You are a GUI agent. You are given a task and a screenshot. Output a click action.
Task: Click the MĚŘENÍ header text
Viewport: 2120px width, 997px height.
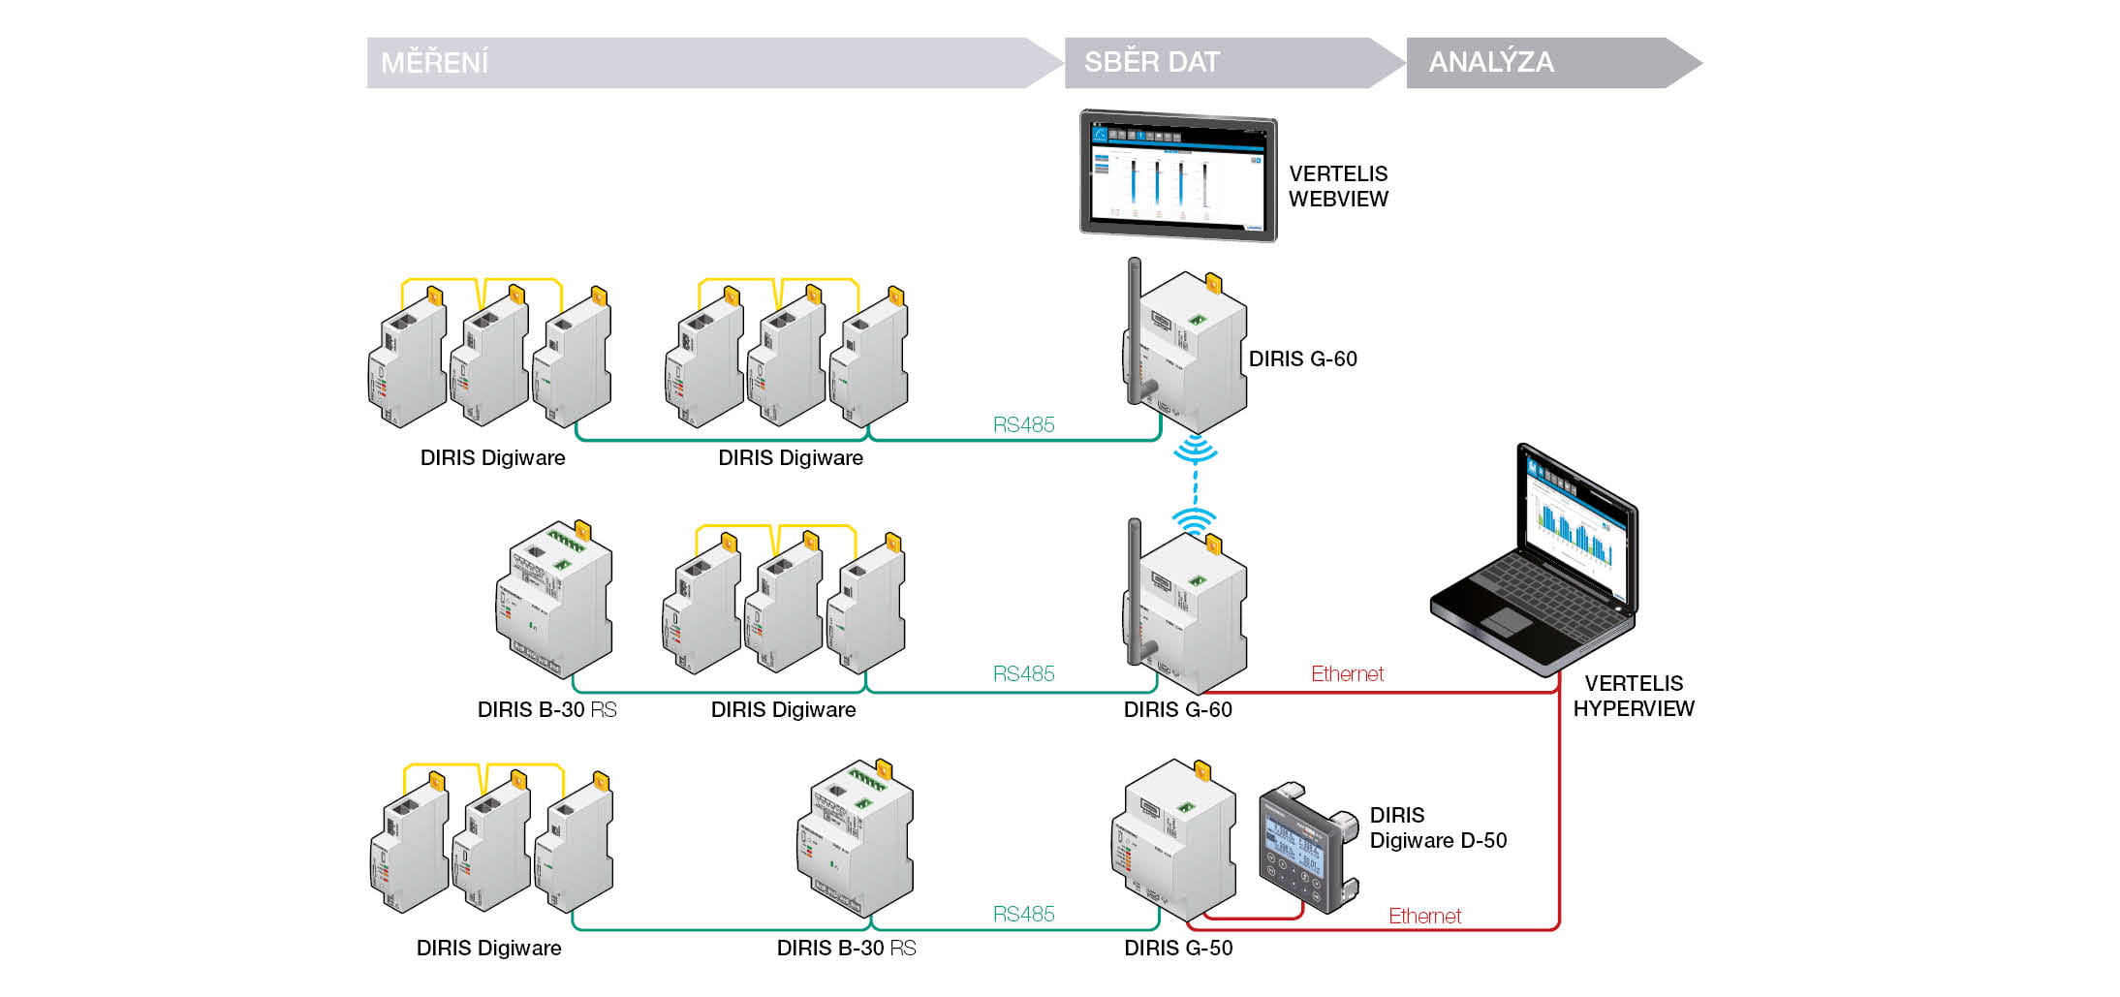click(435, 63)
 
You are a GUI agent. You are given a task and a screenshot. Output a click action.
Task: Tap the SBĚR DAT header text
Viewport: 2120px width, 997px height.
click(1151, 62)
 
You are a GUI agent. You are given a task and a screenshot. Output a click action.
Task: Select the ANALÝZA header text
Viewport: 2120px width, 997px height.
click(1491, 62)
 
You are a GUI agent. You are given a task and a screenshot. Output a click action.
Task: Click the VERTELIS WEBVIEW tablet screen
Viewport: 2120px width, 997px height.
click(1178, 176)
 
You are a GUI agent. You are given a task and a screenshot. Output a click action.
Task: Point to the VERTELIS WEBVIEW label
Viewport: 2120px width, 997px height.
click(1338, 186)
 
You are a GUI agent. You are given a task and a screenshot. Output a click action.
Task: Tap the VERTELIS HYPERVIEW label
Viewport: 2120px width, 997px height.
click(1634, 696)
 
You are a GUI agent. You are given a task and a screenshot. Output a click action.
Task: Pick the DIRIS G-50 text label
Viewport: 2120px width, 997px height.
click(1178, 948)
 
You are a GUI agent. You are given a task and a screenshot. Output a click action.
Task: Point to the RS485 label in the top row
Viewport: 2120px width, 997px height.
click(1023, 424)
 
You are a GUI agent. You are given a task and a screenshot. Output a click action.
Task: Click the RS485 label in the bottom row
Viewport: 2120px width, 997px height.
click(1023, 914)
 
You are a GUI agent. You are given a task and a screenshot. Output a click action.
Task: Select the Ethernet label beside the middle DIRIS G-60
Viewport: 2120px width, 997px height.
click(1347, 673)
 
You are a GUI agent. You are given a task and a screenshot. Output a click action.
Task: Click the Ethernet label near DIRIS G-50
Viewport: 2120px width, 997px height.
click(1424, 916)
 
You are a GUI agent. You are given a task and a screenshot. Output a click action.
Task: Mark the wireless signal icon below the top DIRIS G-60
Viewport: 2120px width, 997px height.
click(1196, 450)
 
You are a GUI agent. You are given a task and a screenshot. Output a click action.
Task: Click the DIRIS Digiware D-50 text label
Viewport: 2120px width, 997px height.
click(1438, 827)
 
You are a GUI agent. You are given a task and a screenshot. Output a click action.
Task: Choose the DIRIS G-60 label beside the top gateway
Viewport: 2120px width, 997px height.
click(1302, 358)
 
